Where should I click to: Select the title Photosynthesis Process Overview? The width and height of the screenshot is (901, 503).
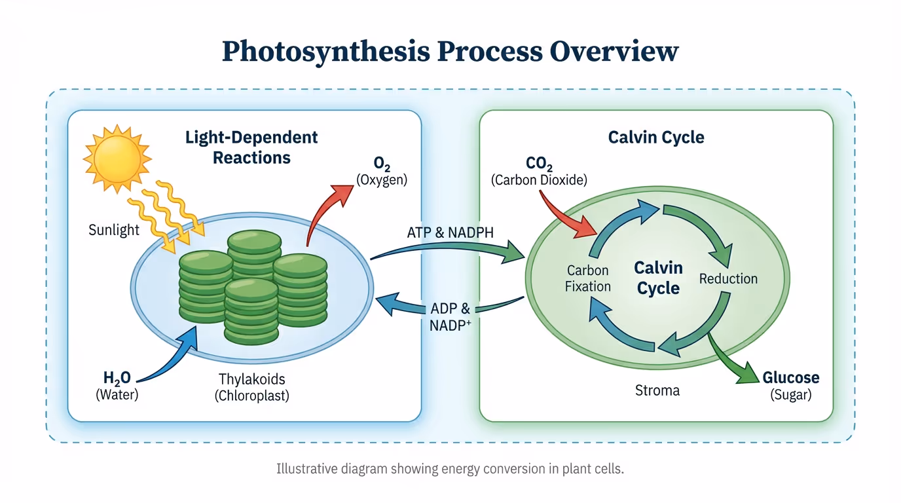tap(450, 51)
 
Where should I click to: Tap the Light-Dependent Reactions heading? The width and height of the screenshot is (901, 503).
tap(251, 147)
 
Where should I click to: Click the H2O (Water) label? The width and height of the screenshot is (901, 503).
tap(117, 385)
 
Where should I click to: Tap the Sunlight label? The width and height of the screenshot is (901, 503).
tap(115, 230)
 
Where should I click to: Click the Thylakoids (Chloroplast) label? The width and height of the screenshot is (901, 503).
tap(252, 387)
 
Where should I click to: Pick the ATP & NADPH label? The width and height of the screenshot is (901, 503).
tap(450, 232)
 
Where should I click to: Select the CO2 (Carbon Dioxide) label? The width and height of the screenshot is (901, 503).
tap(539, 171)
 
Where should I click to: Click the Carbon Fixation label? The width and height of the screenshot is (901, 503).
tap(588, 278)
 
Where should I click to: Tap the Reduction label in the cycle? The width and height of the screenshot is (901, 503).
tap(728, 278)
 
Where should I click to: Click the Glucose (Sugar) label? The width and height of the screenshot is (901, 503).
tap(791, 385)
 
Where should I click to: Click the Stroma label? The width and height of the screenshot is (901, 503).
tap(657, 390)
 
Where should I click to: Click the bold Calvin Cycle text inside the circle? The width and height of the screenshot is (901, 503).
tap(658, 278)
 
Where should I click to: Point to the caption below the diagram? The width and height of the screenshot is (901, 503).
tap(450, 469)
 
